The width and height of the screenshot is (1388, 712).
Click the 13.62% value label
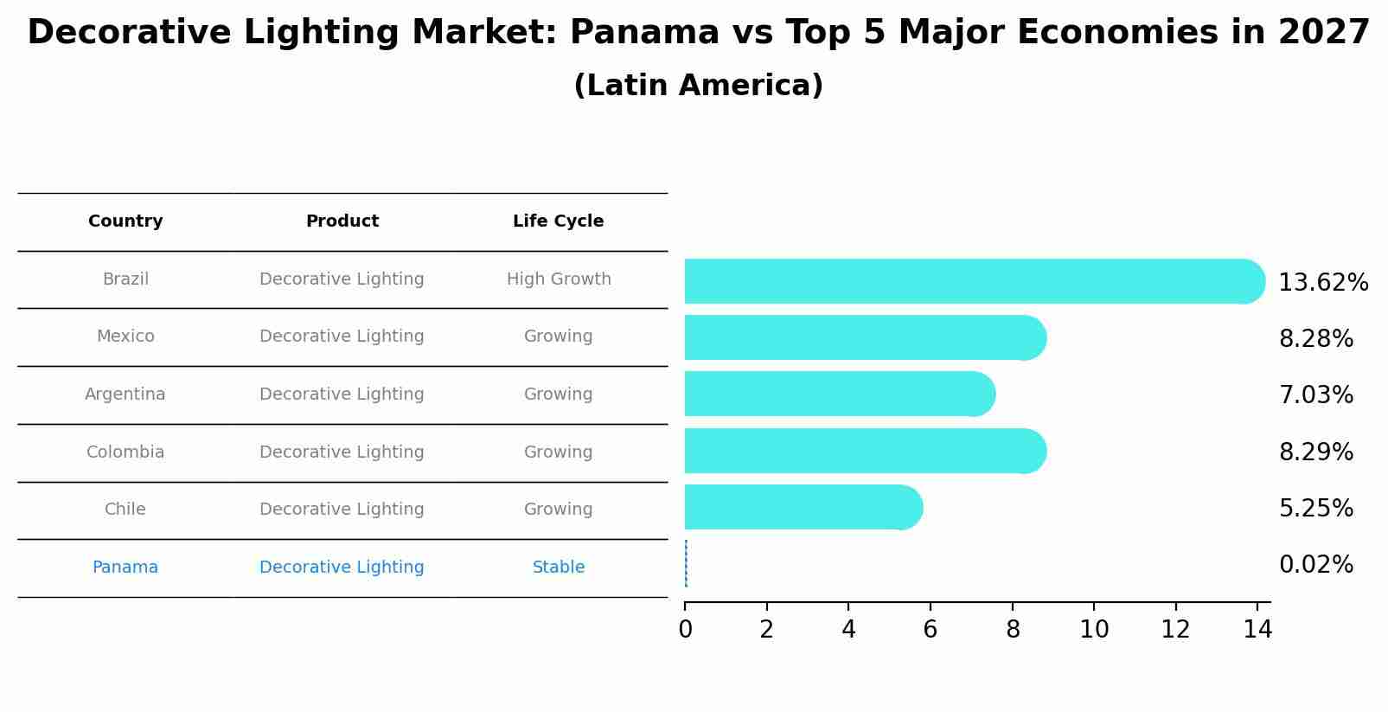pyautogui.click(x=1322, y=283)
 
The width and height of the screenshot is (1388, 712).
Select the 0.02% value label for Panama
pyautogui.click(x=1315, y=565)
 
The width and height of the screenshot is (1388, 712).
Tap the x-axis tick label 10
pyautogui.click(x=1094, y=630)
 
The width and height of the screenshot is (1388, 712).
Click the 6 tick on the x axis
pyautogui.click(x=931, y=630)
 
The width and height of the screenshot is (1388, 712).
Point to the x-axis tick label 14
pyautogui.click(x=1257, y=630)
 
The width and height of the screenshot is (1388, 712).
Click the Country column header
pyautogui.click(x=125, y=221)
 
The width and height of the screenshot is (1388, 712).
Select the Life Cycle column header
pyautogui.click(x=558, y=221)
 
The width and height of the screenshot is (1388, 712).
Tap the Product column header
pyautogui.click(x=342, y=221)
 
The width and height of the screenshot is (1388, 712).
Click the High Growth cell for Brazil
pyautogui.click(x=559, y=279)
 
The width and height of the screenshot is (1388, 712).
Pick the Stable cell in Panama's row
pyautogui.click(x=559, y=568)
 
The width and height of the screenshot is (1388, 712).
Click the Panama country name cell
pyautogui.click(x=125, y=568)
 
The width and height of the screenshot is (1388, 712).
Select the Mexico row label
pyautogui.click(x=125, y=337)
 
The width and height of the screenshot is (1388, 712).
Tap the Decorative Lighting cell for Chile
pyautogui.click(x=342, y=510)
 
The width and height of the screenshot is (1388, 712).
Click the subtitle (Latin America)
pyautogui.click(x=698, y=86)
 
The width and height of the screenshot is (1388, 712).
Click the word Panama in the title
pyautogui.click(x=644, y=33)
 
